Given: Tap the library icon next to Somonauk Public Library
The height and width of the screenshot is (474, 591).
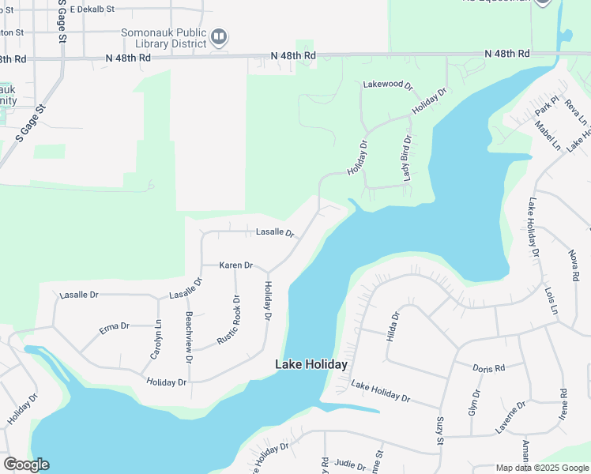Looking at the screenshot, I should (x=220, y=36).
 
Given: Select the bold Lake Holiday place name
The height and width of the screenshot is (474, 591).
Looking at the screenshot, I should (x=311, y=364).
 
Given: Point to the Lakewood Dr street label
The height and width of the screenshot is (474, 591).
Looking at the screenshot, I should (x=388, y=84).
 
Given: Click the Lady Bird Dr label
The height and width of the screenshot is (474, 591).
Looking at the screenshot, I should (x=408, y=159).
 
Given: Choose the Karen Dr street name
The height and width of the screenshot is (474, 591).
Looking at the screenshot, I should (x=235, y=265).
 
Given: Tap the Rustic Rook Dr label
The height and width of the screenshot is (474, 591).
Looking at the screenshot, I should (x=229, y=320).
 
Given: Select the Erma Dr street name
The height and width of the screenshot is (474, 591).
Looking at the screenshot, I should (x=114, y=326).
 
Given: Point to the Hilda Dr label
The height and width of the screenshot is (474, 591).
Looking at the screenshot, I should (x=393, y=325).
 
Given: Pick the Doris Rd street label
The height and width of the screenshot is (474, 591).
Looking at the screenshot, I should (x=488, y=369).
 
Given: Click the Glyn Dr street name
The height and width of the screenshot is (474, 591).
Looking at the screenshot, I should (x=473, y=403).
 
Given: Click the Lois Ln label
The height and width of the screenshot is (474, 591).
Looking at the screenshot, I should (x=550, y=300).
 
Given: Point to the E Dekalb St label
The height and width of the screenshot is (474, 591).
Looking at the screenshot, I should (x=92, y=9).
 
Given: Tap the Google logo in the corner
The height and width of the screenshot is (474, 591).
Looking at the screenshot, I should (x=26, y=465).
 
